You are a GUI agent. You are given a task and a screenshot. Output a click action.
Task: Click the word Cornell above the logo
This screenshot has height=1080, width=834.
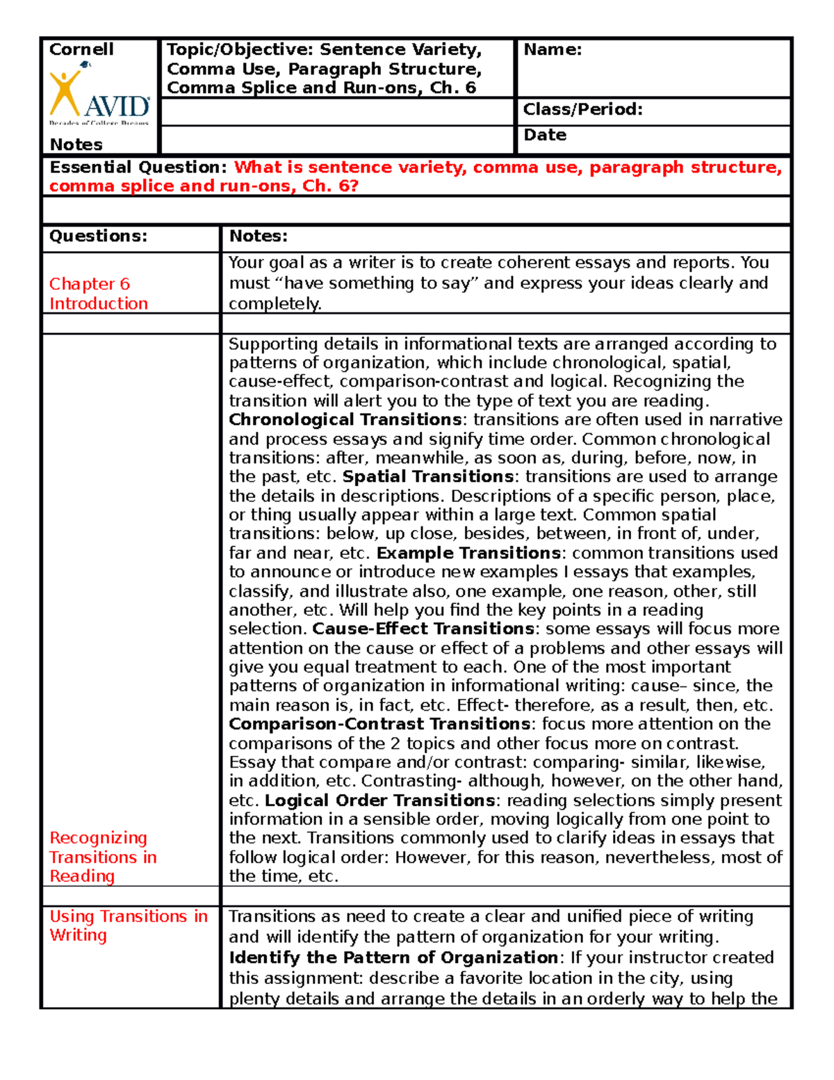point(81,49)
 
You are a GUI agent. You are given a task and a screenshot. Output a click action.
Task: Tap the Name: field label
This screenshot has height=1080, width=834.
point(553,49)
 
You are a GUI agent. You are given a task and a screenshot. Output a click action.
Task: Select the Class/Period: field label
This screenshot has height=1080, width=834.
point(582,110)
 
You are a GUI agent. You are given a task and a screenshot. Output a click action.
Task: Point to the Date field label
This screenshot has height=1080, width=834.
point(545,135)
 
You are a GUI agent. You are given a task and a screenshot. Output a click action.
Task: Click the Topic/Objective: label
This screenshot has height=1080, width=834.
point(240,49)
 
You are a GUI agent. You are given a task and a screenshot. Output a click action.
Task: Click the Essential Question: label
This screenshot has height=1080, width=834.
point(138,168)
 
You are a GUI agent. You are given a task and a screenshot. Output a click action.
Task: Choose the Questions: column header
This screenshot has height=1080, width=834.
point(98,236)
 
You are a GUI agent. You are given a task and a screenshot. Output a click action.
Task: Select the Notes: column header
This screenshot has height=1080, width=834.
point(259,236)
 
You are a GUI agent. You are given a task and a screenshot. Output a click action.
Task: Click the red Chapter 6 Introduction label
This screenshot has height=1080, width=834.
point(98,293)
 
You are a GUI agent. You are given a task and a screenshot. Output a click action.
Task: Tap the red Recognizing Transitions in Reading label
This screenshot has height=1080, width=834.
point(103,857)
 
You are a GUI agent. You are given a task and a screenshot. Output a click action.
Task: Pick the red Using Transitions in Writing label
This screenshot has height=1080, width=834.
point(128,926)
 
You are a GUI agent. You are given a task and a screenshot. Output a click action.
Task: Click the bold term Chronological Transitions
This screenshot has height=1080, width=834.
point(345,420)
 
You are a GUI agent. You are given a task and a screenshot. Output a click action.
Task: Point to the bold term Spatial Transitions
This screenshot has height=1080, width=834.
point(428,477)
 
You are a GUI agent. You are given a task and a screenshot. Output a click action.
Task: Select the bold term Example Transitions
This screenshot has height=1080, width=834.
point(468,553)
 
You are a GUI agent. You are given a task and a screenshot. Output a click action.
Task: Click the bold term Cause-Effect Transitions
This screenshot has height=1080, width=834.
point(423,629)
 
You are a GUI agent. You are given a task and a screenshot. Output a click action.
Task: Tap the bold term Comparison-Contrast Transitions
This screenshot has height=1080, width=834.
point(380,724)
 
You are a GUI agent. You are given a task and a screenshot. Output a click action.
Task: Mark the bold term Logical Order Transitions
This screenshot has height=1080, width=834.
point(380,800)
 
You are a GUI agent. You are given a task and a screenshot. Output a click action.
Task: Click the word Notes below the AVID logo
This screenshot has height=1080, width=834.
point(76,145)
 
